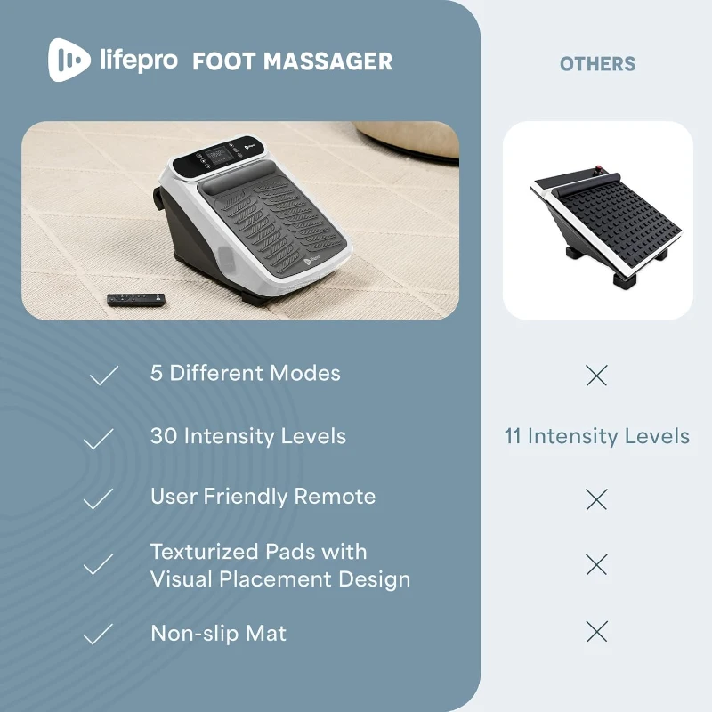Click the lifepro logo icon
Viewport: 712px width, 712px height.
click(69, 61)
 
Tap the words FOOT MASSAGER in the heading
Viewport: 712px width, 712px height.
click(292, 61)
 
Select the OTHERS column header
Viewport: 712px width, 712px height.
click(597, 64)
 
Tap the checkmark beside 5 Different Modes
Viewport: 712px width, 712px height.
click(103, 376)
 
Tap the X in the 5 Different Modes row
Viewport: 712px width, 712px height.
click(596, 376)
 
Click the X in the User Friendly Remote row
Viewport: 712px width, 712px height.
click(596, 499)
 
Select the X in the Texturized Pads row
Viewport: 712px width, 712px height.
click(596, 563)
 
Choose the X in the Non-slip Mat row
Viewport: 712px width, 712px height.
click(596, 632)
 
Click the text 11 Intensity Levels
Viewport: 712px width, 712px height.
click(596, 436)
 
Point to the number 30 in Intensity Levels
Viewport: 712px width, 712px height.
click(164, 436)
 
